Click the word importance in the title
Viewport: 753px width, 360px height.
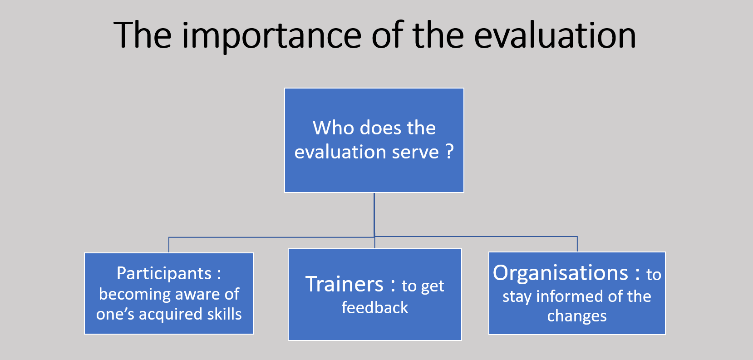(271, 36)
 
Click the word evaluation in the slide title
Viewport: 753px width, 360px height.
(555, 35)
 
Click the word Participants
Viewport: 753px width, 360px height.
(164, 274)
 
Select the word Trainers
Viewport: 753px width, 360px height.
(345, 284)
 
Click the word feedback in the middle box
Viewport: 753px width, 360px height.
(375, 307)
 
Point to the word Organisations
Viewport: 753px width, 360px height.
(561, 272)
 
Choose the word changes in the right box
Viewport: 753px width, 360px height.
(577, 316)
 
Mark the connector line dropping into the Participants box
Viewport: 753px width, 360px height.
(169, 245)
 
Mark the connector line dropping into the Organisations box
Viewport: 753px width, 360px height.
(577, 244)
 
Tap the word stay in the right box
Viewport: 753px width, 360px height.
(517, 297)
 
